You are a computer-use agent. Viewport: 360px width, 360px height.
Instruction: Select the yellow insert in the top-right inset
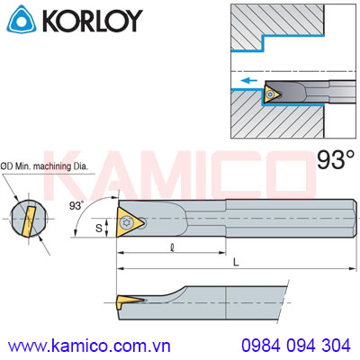271,93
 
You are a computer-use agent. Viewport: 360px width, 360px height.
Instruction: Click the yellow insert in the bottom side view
128,298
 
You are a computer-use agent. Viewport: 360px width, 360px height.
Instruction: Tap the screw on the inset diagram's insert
269,93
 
